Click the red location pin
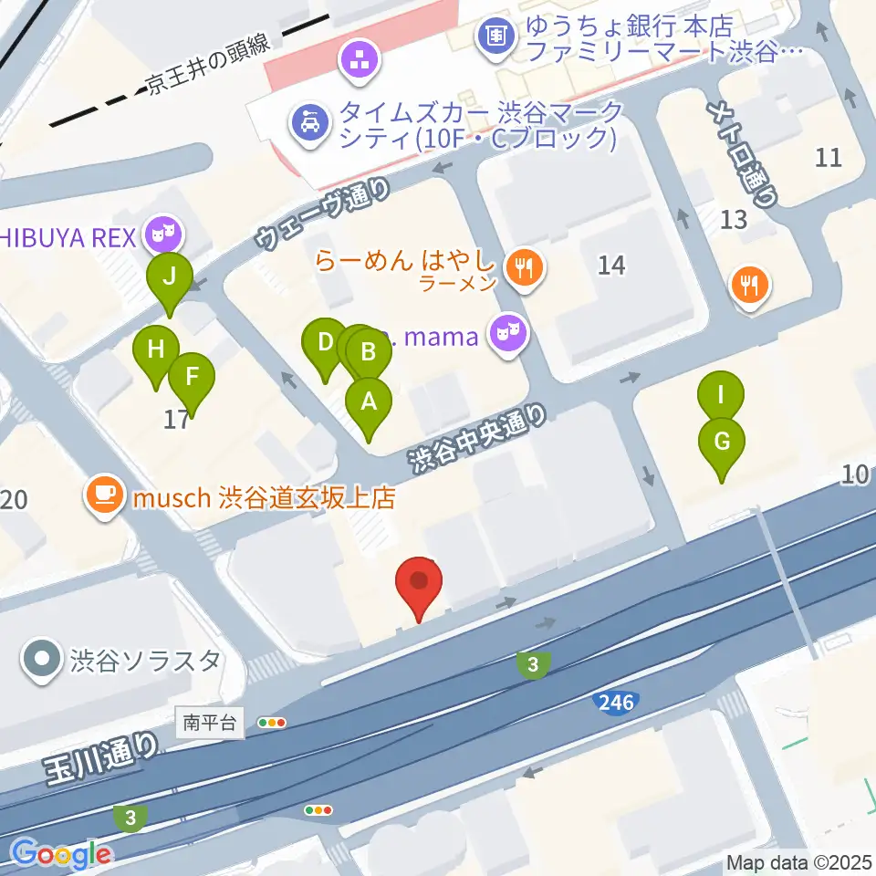click(419, 584)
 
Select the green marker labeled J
click(170, 277)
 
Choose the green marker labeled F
click(192, 378)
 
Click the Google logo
click(61, 854)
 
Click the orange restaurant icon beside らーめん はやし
click(524, 268)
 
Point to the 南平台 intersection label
click(210, 724)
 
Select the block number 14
click(611, 266)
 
